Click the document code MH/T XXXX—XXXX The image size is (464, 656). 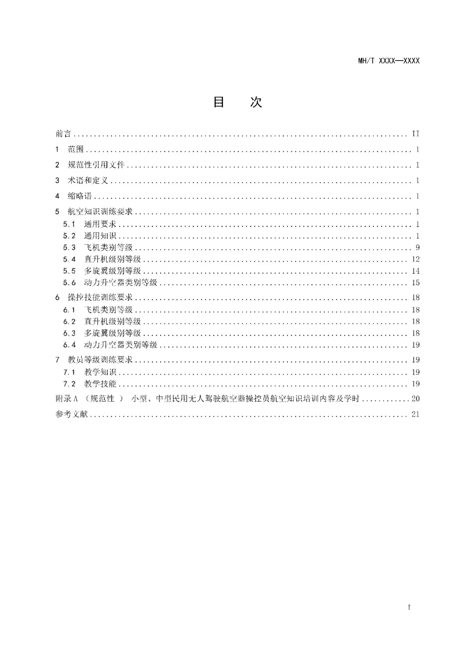click(388, 61)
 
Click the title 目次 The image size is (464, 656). click(238, 102)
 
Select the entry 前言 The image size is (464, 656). click(63, 134)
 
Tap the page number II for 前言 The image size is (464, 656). click(415, 134)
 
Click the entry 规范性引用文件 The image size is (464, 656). click(96, 165)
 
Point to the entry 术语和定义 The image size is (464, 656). click(88, 180)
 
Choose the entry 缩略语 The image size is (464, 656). click(79, 196)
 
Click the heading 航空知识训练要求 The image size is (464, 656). click(100, 212)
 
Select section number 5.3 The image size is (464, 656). click(69, 247)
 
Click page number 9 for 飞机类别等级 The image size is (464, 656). click(418, 247)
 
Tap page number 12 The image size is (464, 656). click(415, 259)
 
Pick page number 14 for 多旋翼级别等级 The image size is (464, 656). click(415, 271)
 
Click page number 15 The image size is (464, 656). click(415, 283)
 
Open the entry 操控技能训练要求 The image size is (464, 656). click(100, 297)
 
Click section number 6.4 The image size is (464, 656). click(69, 345)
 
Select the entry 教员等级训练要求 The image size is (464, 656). click(100, 360)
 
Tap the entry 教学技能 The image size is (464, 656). click(100, 384)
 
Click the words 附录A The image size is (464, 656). click(67, 399)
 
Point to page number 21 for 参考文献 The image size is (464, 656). click(415, 414)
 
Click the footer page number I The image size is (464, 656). click(409, 607)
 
